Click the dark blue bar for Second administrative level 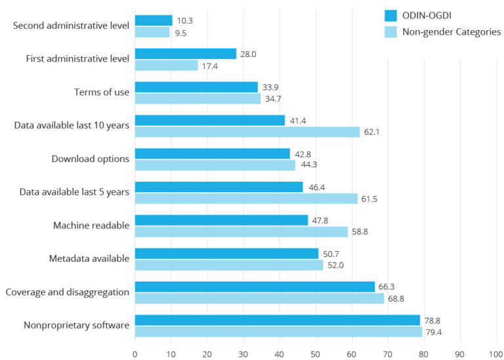point(154,20)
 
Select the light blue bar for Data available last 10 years point(247,132)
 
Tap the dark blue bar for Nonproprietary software point(277,320)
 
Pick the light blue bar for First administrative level point(166,66)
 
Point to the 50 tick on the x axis point(316,352)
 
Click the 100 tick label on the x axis point(496,352)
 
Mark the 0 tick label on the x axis point(135,352)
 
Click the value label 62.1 point(373,132)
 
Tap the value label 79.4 point(435,332)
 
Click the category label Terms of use point(102,92)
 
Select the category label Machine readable point(91,226)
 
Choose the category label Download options point(91,159)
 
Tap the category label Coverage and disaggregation point(67,292)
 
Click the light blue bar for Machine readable point(241,231)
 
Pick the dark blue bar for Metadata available point(226,253)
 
